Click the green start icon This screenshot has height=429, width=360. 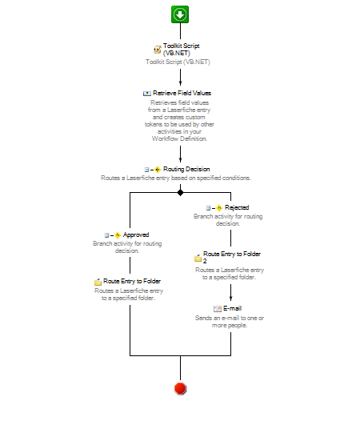coord(180,14)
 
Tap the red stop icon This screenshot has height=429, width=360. coord(180,388)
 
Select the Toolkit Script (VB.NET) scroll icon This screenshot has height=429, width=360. coord(158,50)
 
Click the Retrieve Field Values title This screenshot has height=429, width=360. coord(182,93)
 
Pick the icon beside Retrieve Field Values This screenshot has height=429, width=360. coord(147,94)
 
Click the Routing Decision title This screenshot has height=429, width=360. coord(186,169)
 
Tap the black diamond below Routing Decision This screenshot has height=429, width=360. coord(180,193)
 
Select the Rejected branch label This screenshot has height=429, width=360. coord(237,207)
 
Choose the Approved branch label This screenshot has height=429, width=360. coord(136,235)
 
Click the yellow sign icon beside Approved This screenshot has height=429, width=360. coord(118,235)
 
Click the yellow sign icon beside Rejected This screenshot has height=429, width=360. coord(219,208)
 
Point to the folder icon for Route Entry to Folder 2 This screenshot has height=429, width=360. coord(198,258)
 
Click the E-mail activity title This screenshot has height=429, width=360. coord(232,308)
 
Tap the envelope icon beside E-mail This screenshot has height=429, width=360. coord(218,309)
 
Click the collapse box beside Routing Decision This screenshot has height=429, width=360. coord(146,170)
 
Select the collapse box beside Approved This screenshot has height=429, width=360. coord(106,235)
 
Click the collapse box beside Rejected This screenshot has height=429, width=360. coord(208,208)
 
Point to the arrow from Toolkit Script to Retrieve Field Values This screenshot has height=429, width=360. coord(180,77)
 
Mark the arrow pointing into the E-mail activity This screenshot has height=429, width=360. coord(230,292)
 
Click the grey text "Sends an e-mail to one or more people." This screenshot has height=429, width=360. coord(230,322)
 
